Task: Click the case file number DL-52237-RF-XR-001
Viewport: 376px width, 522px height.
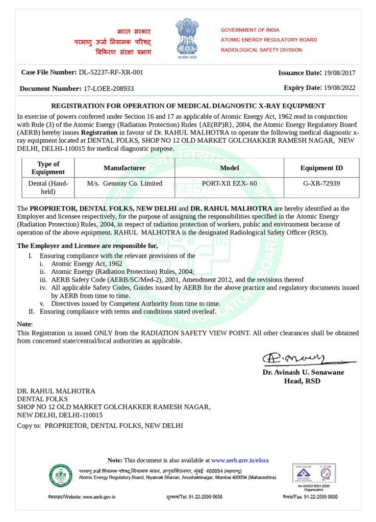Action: (x=111, y=72)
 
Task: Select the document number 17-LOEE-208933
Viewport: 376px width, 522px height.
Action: (x=108, y=88)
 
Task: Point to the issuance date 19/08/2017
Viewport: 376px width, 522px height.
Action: (x=339, y=72)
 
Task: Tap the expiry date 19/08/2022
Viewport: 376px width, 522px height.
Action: (x=339, y=88)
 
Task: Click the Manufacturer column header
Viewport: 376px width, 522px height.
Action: (x=124, y=168)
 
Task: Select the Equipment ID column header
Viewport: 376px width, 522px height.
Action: (x=321, y=168)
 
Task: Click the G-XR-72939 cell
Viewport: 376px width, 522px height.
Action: (x=321, y=184)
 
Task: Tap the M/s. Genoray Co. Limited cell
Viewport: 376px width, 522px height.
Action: (x=124, y=184)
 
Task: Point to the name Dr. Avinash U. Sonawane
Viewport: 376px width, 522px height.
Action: (x=303, y=372)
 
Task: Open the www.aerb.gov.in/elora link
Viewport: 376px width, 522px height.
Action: (x=240, y=460)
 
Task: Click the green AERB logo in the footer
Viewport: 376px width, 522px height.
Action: (x=61, y=476)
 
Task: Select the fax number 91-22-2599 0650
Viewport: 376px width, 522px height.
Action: (x=319, y=497)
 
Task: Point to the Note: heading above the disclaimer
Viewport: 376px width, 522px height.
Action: (x=24, y=324)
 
